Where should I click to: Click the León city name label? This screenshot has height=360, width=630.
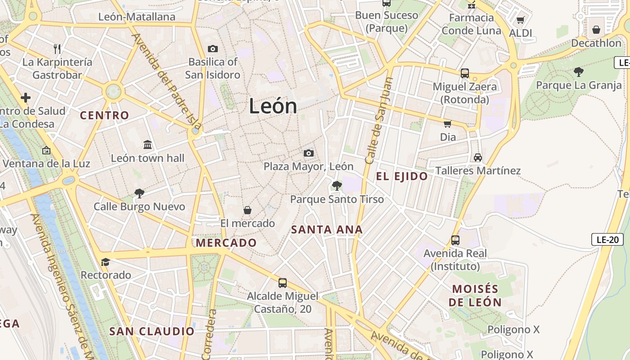(273, 106)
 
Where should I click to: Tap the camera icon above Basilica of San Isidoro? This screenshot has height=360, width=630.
(212, 49)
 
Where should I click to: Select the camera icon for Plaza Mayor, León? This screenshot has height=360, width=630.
(308, 153)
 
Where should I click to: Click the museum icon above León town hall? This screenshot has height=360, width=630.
(148, 144)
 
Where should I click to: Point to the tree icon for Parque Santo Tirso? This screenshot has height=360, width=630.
(337, 185)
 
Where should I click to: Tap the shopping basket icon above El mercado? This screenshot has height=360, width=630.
(247, 210)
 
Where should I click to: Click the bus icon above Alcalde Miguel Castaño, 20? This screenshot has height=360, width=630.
(283, 283)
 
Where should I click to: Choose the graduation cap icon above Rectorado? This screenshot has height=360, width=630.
(105, 262)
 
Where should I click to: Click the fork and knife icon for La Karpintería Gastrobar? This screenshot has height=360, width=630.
(57, 49)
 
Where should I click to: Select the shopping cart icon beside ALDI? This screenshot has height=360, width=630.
(520, 20)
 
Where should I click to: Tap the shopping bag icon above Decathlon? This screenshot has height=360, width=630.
(596, 30)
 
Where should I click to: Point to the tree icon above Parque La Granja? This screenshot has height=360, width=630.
(579, 72)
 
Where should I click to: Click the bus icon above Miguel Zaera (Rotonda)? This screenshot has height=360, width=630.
(465, 73)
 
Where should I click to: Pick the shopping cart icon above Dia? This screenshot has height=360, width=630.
(447, 123)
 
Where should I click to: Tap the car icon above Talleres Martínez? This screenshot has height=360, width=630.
(477, 157)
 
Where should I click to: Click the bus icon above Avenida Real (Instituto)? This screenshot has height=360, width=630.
(455, 240)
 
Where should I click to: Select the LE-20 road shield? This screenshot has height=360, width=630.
(607, 239)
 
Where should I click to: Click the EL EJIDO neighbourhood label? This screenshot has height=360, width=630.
(402, 176)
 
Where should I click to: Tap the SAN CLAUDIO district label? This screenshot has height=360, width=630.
(152, 332)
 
